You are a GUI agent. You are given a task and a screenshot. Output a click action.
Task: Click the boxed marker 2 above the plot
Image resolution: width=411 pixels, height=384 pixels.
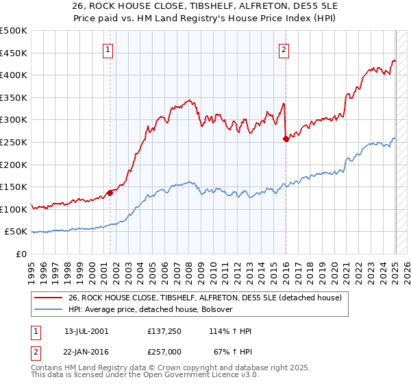(x=284, y=49)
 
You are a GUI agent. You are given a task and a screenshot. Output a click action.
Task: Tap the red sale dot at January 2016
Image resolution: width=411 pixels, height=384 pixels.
(x=286, y=139)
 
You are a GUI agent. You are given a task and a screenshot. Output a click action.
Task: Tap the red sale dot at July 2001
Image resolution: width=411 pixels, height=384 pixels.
(x=110, y=192)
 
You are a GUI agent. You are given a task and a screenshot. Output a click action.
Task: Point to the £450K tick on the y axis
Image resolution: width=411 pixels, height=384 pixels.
(x=14, y=53)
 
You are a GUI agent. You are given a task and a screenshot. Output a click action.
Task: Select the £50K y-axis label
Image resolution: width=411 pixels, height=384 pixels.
(x=17, y=232)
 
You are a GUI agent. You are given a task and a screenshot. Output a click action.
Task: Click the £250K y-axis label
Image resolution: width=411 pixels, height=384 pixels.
(x=14, y=142)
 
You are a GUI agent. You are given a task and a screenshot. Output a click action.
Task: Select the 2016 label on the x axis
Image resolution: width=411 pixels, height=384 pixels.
(x=286, y=267)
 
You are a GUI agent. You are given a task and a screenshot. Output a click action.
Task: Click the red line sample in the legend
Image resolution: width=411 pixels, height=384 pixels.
(x=48, y=297)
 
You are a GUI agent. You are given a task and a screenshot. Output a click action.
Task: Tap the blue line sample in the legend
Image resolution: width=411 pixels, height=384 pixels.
(x=48, y=309)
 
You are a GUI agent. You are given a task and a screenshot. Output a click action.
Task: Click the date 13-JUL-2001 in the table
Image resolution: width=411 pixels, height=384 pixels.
(x=86, y=331)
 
